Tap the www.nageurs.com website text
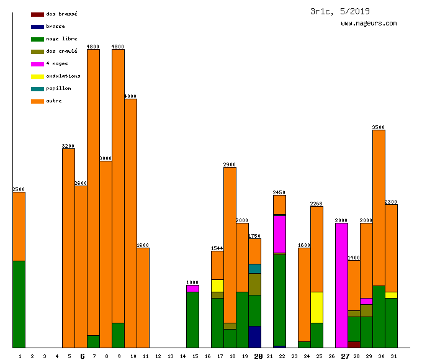(369, 24)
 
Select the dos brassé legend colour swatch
(37, 14)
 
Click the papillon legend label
(58, 89)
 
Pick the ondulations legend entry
(63, 76)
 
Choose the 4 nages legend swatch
(37, 64)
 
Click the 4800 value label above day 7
(93, 47)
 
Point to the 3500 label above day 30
(379, 127)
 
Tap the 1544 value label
(217, 248)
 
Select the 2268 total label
(316, 204)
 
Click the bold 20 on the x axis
(258, 356)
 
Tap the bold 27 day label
(345, 356)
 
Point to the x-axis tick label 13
(171, 356)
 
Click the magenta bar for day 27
(341, 286)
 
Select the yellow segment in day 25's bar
(316, 307)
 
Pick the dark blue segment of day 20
(254, 336)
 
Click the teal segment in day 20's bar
(254, 269)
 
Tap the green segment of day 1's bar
(19, 304)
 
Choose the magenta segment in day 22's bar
(279, 234)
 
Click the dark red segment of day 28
(354, 344)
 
